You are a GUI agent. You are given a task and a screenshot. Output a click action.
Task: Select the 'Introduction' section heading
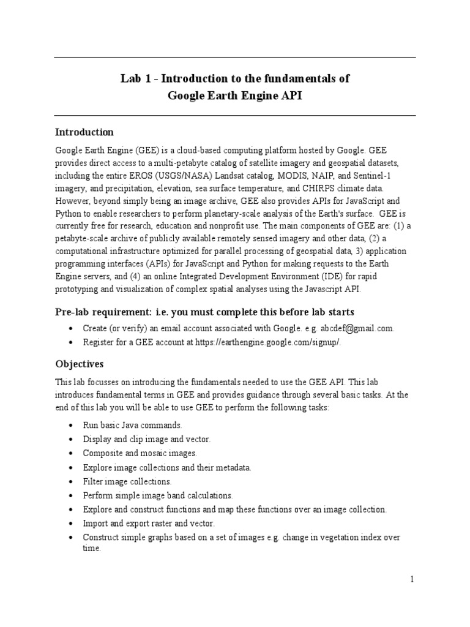pos(84,132)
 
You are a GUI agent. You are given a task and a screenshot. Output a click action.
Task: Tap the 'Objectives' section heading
pos(79,364)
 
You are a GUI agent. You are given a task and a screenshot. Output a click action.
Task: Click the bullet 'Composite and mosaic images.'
pos(140,453)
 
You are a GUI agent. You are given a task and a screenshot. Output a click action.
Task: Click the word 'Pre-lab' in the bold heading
pos(74,312)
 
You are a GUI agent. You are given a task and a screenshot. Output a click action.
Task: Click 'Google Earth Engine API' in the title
pos(235,96)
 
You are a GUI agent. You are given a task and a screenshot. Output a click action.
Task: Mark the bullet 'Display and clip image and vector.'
pos(147,439)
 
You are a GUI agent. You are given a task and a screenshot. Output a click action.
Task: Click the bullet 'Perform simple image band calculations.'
pos(158,495)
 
